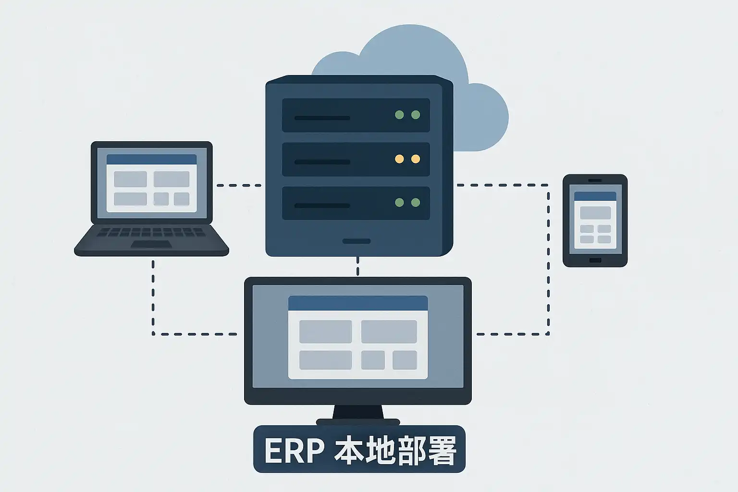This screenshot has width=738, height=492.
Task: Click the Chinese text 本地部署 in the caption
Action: click(395, 450)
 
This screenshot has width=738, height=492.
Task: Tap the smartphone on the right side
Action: click(595, 221)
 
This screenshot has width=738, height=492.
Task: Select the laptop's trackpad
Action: click(151, 245)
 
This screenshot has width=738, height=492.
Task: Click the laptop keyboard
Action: click(151, 233)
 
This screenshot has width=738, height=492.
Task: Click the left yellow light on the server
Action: click(399, 159)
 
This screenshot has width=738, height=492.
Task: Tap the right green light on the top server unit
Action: click(416, 115)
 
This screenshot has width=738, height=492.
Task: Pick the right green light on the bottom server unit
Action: click(416, 203)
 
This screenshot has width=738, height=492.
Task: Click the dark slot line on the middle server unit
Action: click(322, 162)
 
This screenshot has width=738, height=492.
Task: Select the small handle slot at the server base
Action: click(357, 241)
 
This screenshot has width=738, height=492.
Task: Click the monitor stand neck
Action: click(358, 412)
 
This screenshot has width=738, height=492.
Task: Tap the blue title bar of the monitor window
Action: click(358, 303)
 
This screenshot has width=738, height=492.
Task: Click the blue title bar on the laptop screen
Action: click(151, 160)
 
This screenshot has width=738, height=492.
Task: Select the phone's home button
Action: click(595, 260)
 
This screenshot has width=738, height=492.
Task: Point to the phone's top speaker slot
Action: click(595, 180)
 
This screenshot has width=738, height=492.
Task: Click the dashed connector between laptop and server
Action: click(239, 185)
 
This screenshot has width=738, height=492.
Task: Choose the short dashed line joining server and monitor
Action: click(357, 266)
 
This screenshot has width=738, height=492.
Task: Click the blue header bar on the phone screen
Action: click(595, 196)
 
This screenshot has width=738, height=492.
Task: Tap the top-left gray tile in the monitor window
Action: click(325, 332)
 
